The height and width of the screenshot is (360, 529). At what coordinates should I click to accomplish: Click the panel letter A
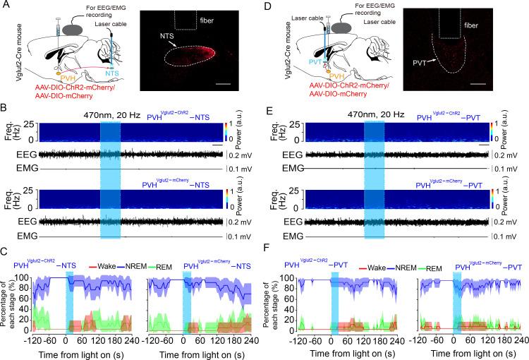pos(6,6)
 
